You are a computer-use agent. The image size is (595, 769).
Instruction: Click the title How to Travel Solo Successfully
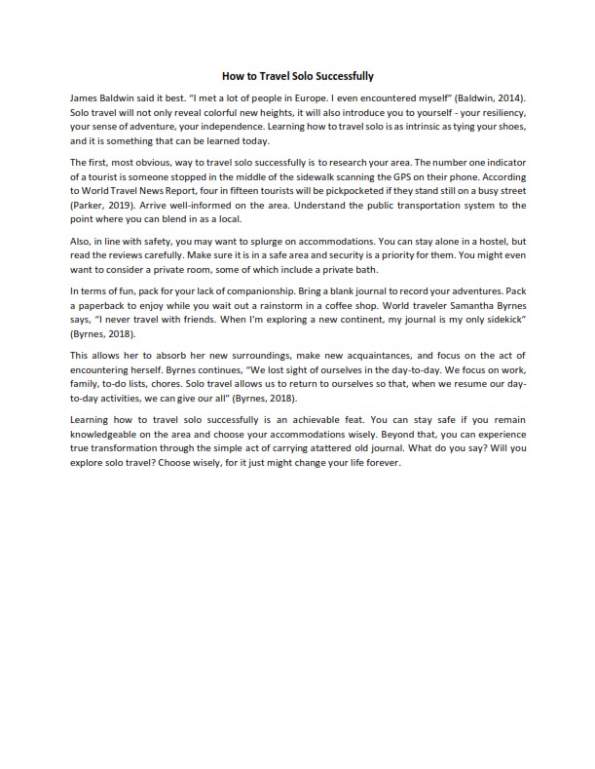click(x=297, y=75)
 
